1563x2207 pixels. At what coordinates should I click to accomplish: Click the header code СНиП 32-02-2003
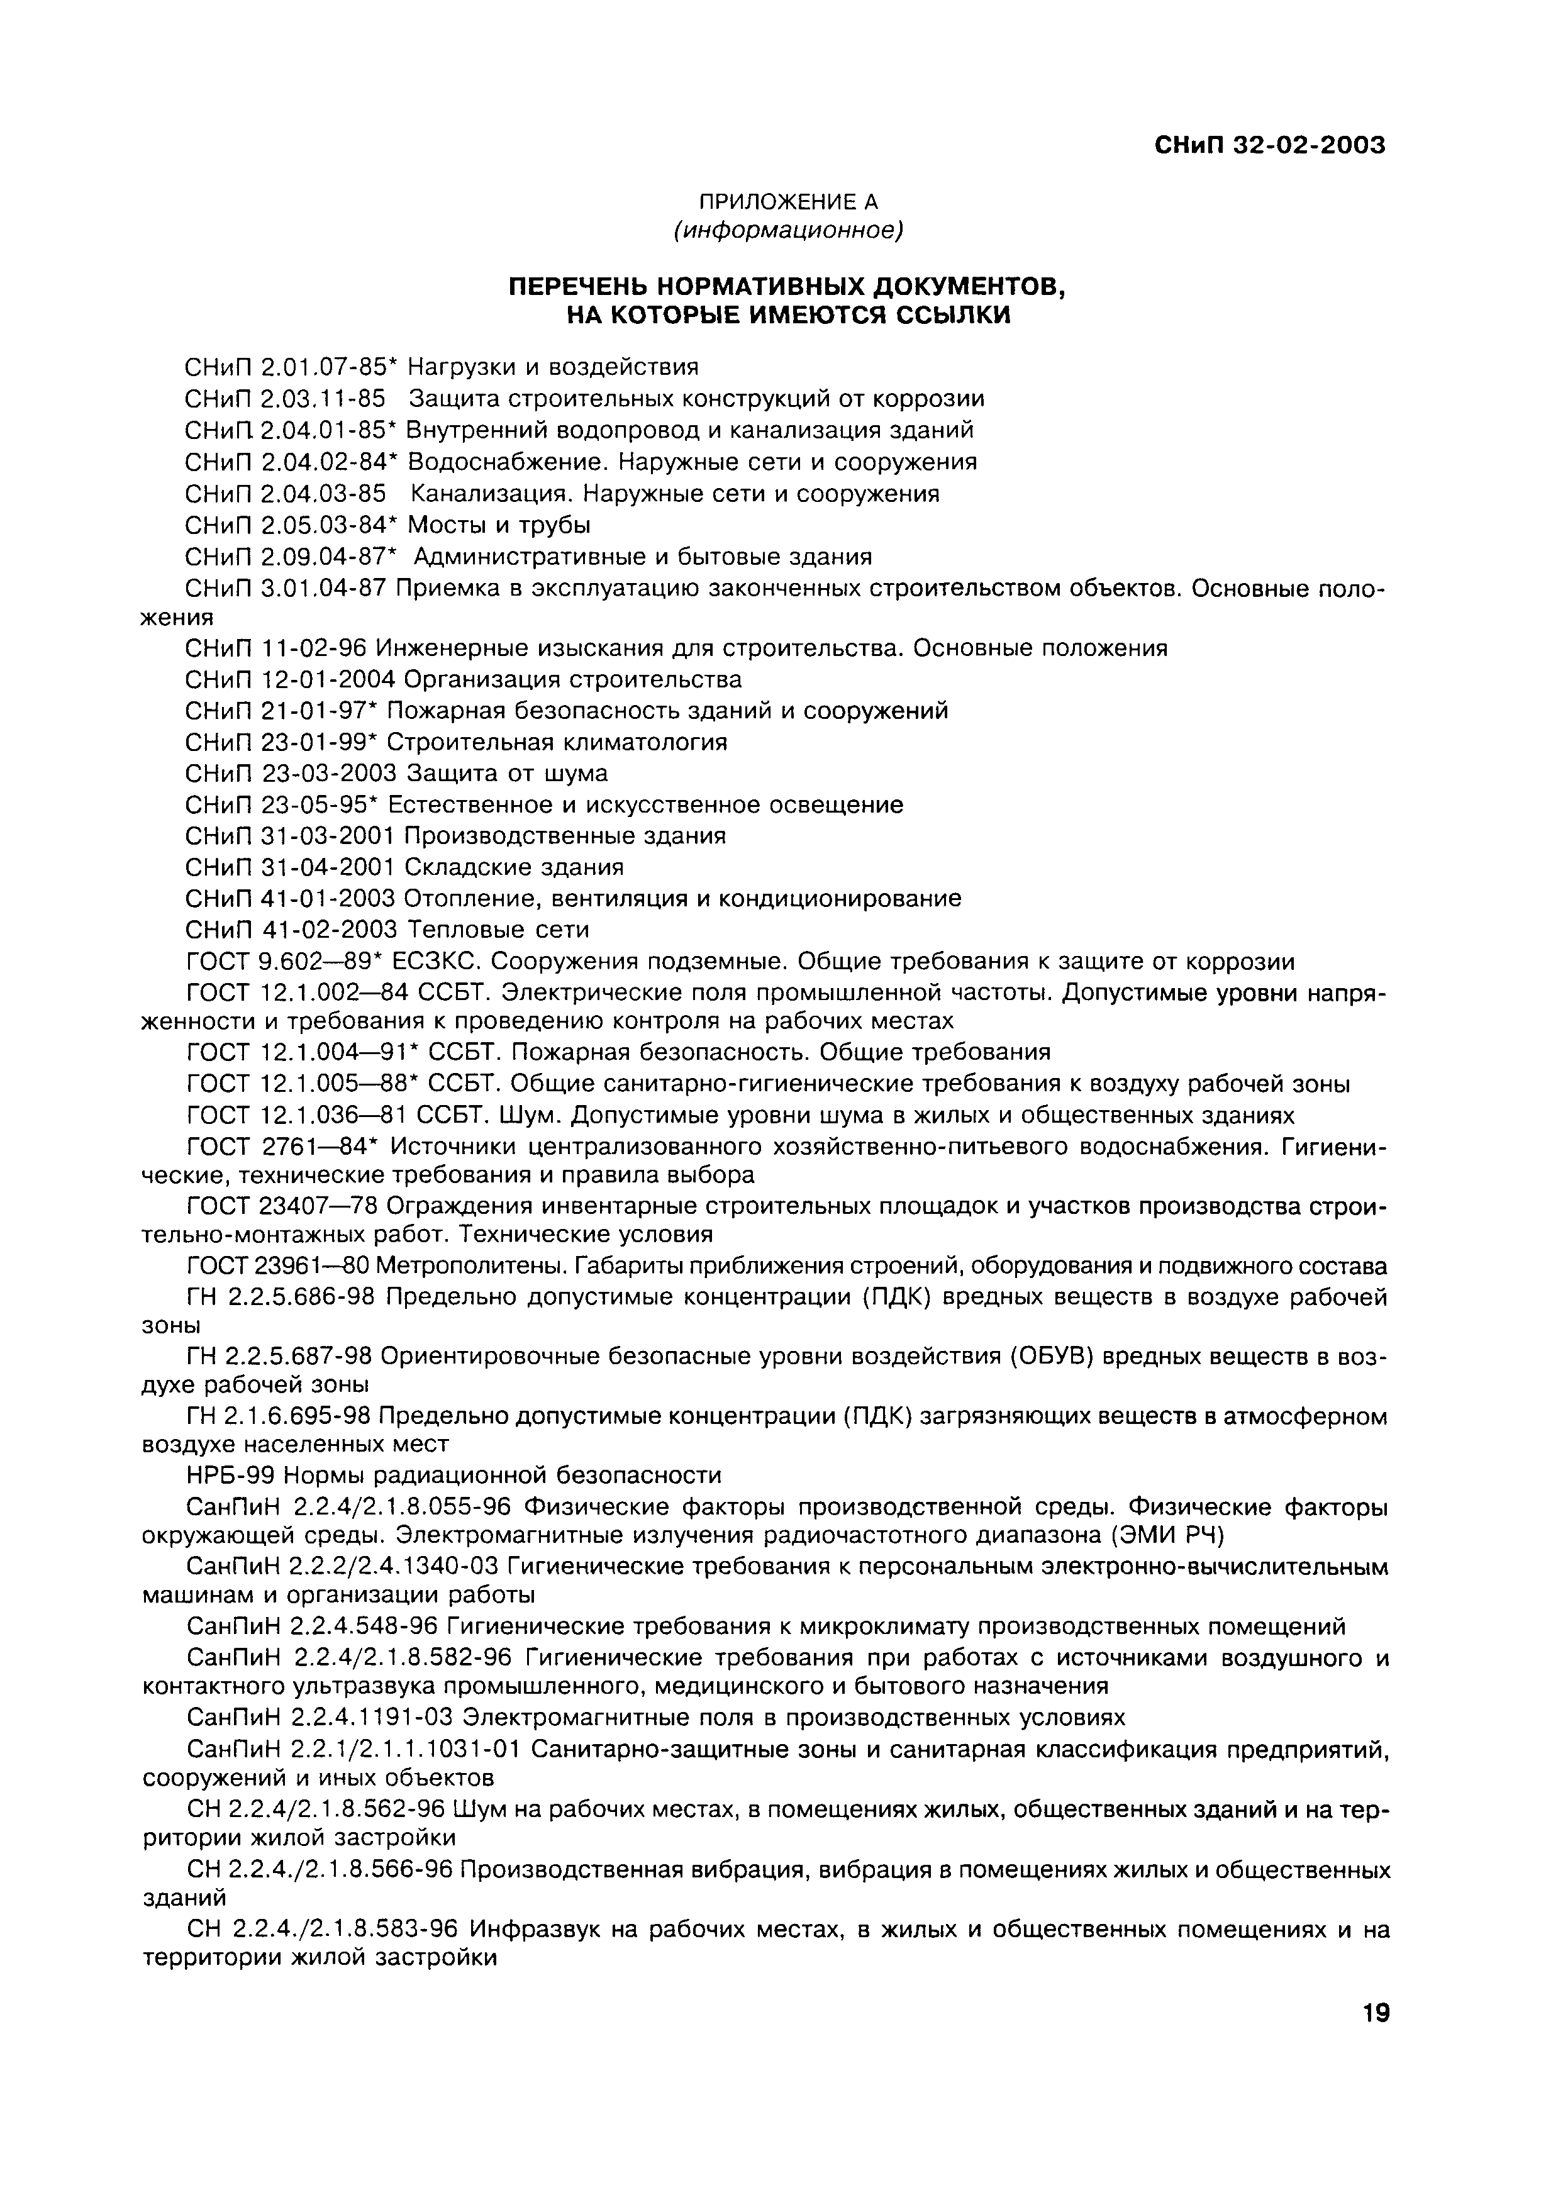1269,147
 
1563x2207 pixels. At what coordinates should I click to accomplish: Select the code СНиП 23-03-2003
291,774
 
